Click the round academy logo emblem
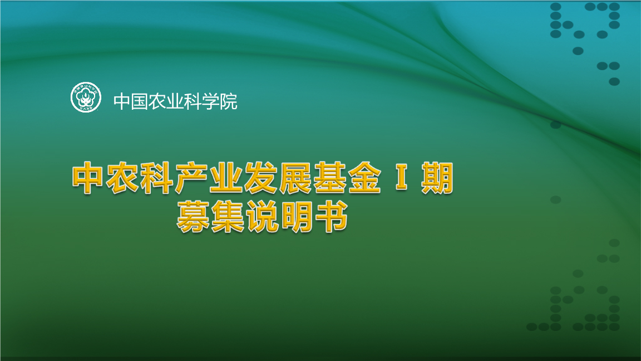(86, 97)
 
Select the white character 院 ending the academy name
(228, 101)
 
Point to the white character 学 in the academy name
(210, 101)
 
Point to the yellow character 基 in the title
(329, 179)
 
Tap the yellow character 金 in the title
(364, 179)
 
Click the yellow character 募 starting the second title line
(193, 216)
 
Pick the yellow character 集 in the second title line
(228, 216)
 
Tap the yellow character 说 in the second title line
(262, 216)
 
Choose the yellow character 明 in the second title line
(297, 216)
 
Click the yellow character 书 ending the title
(331, 216)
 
